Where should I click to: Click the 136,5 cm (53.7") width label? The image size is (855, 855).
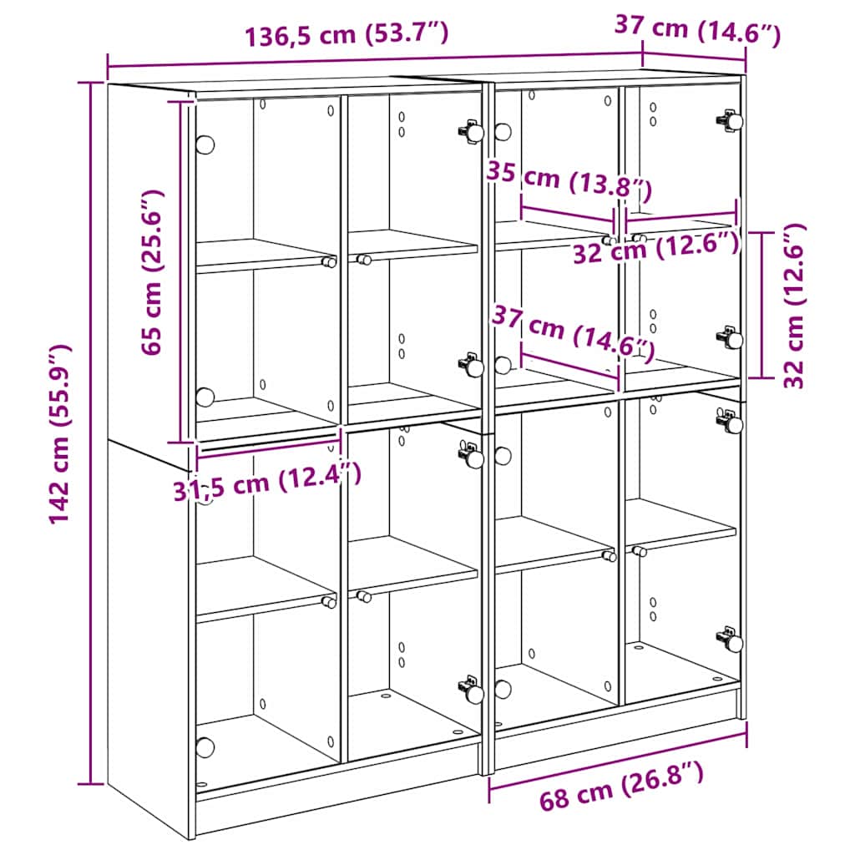(347, 34)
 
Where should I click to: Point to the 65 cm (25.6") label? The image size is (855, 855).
(153, 272)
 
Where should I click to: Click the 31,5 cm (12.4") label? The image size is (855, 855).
(267, 483)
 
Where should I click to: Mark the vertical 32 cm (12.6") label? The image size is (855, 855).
(795, 306)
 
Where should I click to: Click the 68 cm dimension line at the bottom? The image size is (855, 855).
(618, 756)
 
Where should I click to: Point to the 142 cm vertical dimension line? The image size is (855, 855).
(91, 434)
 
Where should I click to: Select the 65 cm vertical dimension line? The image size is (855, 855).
(180, 272)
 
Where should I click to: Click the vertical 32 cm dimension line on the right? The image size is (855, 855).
(762, 306)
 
